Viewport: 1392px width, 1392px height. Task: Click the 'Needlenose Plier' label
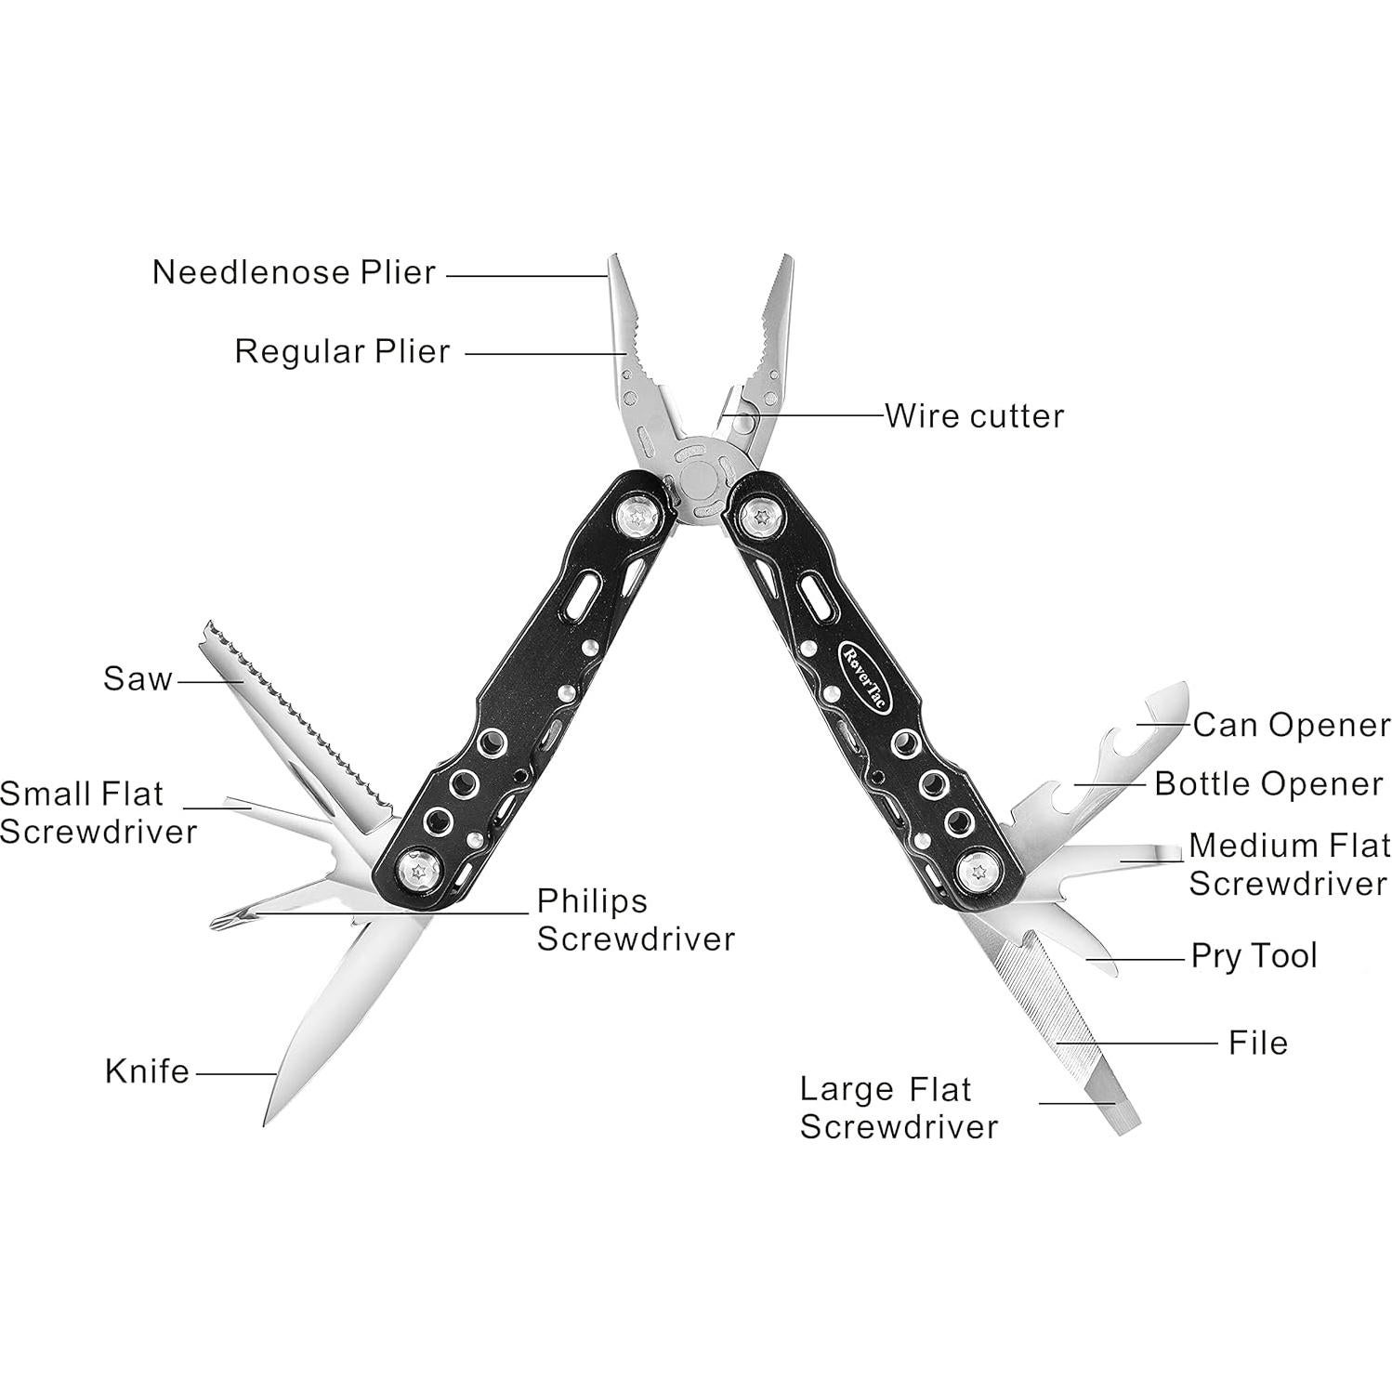[x=294, y=272]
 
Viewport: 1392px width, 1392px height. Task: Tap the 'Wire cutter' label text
[x=974, y=415]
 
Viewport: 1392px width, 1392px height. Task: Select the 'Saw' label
[x=138, y=678]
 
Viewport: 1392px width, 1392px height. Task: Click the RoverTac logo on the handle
[x=865, y=676]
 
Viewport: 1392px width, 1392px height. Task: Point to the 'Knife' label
[x=147, y=1071]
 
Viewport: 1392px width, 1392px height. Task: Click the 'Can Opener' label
[x=1291, y=725]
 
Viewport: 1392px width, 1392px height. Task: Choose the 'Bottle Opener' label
[x=1268, y=783]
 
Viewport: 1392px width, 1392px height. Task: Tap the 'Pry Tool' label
[x=1254, y=955]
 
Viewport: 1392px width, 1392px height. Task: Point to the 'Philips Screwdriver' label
[x=636, y=919]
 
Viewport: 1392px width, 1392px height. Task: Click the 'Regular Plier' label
[x=342, y=351]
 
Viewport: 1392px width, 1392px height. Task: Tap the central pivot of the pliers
[x=698, y=480]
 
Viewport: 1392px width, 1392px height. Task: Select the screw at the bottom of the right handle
[x=977, y=871]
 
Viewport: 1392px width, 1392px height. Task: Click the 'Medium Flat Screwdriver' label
[x=1288, y=864]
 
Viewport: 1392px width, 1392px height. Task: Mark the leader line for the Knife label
[x=236, y=1074]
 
